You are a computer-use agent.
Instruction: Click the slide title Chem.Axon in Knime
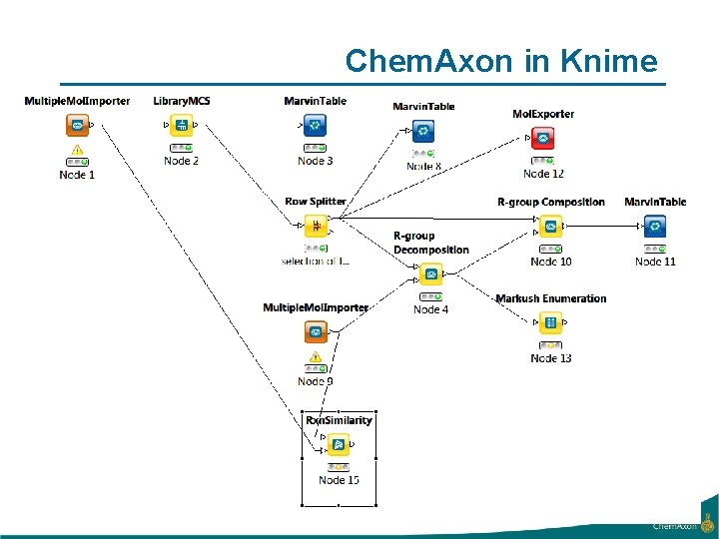501,61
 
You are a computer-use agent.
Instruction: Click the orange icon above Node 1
77,125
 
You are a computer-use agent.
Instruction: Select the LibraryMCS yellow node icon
182,125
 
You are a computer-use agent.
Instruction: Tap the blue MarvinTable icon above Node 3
315,125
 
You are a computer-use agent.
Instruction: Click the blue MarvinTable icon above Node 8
423,131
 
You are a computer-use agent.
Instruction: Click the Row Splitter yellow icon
316,226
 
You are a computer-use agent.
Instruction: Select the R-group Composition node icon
550,227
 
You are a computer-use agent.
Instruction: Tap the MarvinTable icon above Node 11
655,227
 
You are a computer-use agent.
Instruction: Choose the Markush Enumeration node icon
550,322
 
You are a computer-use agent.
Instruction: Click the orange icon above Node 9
316,331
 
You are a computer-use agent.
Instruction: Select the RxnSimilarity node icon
339,444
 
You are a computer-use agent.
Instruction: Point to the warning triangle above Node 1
77,153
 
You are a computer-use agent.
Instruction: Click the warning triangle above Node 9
316,357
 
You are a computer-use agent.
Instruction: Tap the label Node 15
339,480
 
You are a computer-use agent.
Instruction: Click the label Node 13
551,358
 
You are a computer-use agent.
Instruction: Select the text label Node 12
544,174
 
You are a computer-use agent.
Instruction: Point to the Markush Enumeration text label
550,298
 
